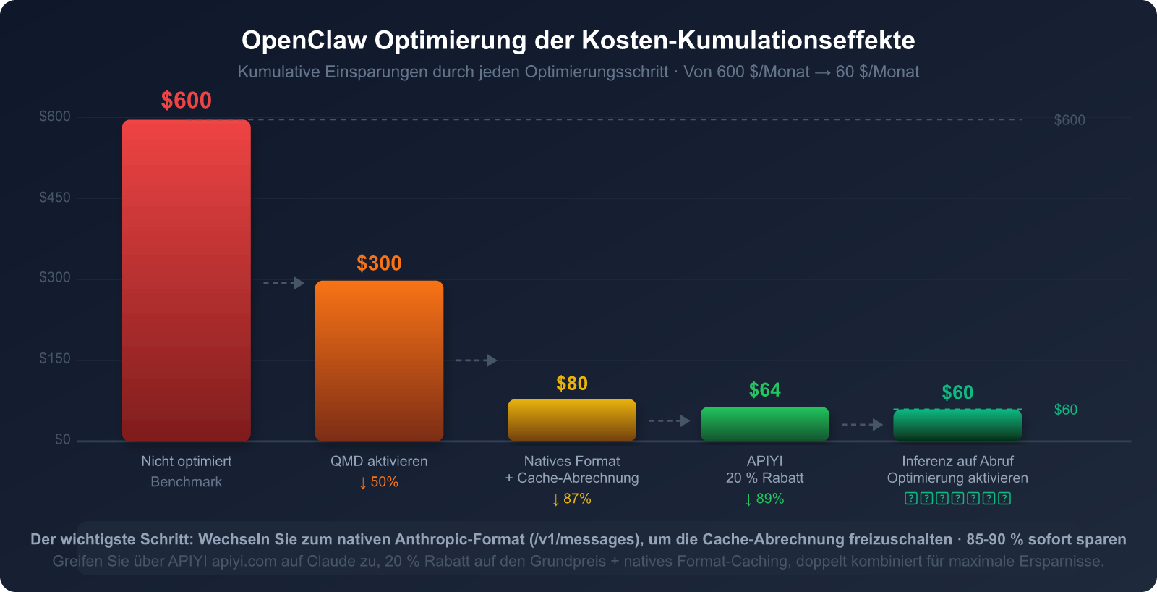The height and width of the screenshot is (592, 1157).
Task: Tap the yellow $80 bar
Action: [572, 420]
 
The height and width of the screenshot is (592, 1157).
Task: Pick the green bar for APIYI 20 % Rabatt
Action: [764, 423]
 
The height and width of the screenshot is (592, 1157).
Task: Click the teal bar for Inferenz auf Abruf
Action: [957, 425]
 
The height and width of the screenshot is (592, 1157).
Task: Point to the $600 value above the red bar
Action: [187, 101]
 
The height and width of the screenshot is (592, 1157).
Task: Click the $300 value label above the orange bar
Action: [379, 263]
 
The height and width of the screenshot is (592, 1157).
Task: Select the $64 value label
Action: [764, 390]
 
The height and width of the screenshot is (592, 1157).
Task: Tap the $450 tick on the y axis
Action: [55, 198]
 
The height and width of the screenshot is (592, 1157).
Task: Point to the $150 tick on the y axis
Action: [55, 359]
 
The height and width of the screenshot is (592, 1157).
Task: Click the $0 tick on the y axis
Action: [63, 439]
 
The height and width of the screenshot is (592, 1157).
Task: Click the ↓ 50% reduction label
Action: [379, 482]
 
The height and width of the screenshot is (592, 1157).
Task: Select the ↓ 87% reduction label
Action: [572, 499]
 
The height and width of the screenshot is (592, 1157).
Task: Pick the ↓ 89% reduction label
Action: [764, 499]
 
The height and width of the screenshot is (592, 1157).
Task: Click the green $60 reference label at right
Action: [1065, 410]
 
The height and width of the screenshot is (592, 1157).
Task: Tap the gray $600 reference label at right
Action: [1069, 120]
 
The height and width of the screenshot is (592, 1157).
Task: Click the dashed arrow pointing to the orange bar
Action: [283, 283]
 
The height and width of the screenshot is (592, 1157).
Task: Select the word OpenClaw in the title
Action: [304, 41]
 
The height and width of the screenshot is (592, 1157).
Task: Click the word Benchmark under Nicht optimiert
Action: [187, 482]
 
